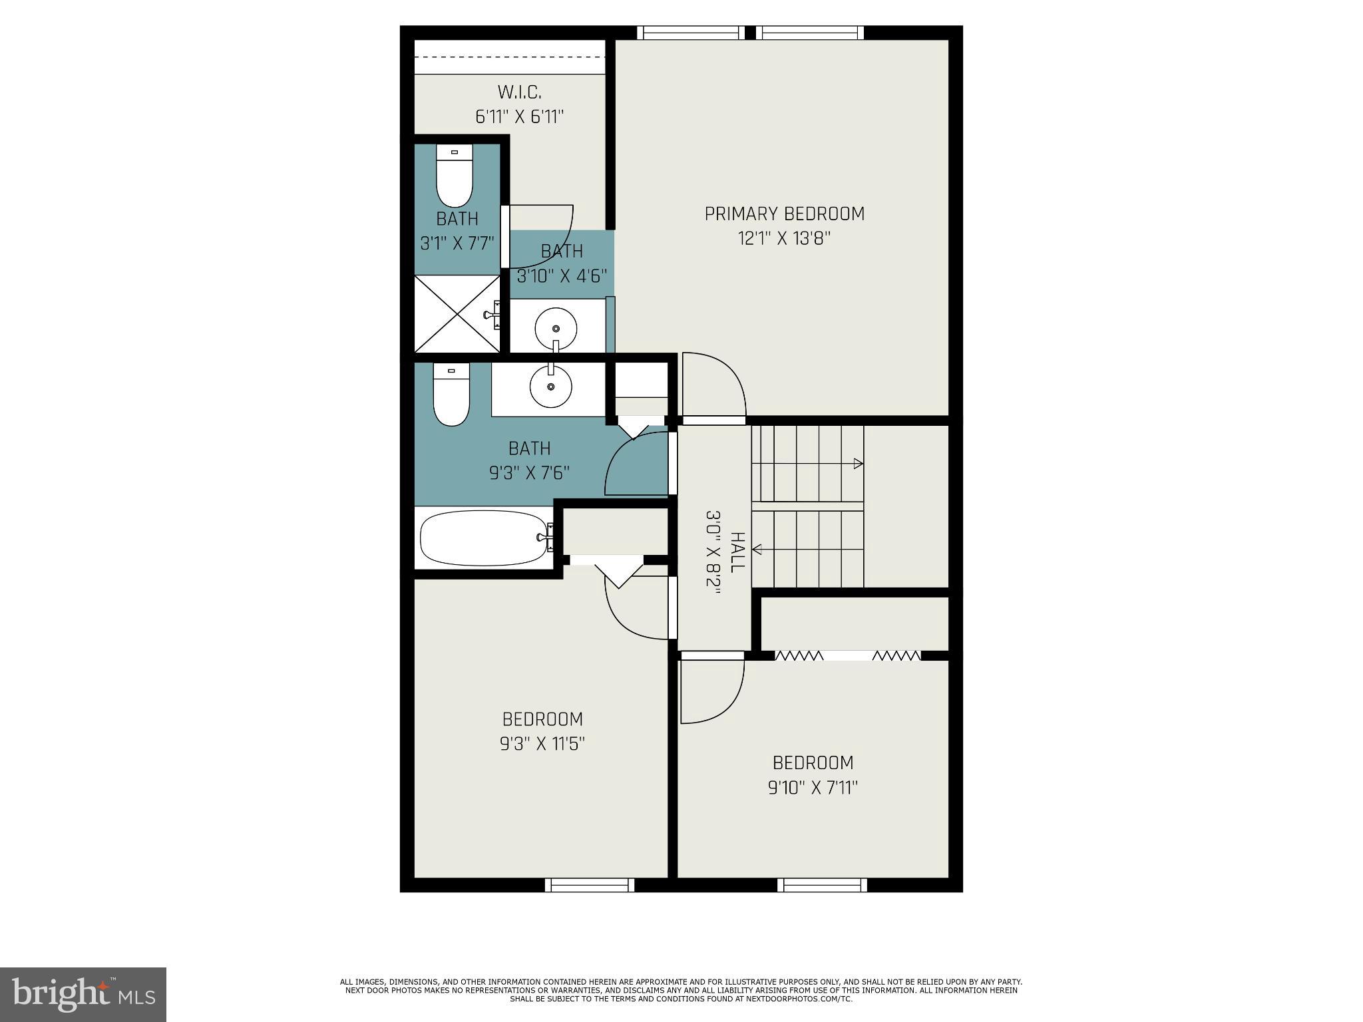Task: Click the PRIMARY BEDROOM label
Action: coord(785,214)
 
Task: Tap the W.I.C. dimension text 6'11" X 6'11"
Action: coord(519,117)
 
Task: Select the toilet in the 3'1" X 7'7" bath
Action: coord(455,177)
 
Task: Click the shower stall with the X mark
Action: coord(457,313)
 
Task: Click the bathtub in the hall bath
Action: coord(485,538)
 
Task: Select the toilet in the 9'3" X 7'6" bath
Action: coord(451,394)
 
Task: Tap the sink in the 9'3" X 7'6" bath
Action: coord(550,386)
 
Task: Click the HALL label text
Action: coord(737,552)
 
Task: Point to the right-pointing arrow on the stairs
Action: coord(859,464)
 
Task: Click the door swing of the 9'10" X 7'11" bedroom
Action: coord(710,689)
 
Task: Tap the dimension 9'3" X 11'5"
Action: coord(542,743)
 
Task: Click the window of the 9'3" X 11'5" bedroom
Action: coord(589,884)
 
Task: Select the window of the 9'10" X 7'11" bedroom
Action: coord(822,884)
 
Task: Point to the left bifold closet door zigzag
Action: coord(799,656)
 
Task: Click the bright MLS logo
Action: coord(83,994)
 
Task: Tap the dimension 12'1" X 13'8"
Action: coord(785,238)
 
